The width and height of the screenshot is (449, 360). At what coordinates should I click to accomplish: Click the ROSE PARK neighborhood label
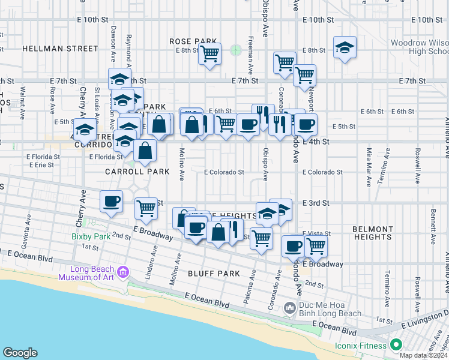click(x=188, y=41)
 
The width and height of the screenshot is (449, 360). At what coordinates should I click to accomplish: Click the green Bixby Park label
click(x=91, y=237)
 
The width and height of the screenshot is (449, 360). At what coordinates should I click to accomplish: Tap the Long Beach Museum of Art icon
click(x=124, y=273)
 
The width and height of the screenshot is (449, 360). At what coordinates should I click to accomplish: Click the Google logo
click(x=20, y=353)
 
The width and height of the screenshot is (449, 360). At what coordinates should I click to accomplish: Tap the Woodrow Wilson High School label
click(x=419, y=47)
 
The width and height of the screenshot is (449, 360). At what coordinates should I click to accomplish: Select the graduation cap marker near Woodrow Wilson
click(x=345, y=49)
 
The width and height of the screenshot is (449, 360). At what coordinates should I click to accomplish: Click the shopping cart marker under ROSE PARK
click(x=209, y=55)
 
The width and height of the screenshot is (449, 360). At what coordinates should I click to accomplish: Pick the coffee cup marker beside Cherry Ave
click(x=111, y=202)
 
